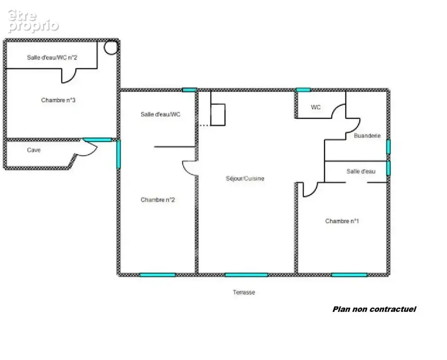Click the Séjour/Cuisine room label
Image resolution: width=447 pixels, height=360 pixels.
[x=245, y=179]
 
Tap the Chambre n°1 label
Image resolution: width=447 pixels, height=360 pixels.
[x=342, y=221]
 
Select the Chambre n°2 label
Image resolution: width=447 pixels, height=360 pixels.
[x=157, y=200]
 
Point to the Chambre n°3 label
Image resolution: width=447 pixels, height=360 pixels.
[x=58, y=100]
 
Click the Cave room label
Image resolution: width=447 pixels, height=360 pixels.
[x=34, y=150]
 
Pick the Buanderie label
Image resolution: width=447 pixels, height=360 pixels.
[x=367, y=136]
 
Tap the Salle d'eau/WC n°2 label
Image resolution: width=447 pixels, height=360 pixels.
[x=52, y=58]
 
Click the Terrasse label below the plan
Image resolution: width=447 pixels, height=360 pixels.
[x=244, y=292]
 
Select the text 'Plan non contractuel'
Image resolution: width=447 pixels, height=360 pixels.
[x=374, y=309]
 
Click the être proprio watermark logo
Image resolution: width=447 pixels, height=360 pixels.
[x=33, y=21]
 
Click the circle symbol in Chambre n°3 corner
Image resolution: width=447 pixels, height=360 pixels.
[x=111, y=48]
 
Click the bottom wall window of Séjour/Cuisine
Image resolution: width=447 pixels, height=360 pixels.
[x=246, y=275]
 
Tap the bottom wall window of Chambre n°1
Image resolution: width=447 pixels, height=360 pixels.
[x=349, y=275]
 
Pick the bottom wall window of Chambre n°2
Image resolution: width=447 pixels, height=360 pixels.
[x=157, y=275]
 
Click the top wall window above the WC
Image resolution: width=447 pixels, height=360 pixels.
[x=303, y=90]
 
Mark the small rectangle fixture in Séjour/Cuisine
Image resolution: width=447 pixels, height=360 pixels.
[x=218, y=115]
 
